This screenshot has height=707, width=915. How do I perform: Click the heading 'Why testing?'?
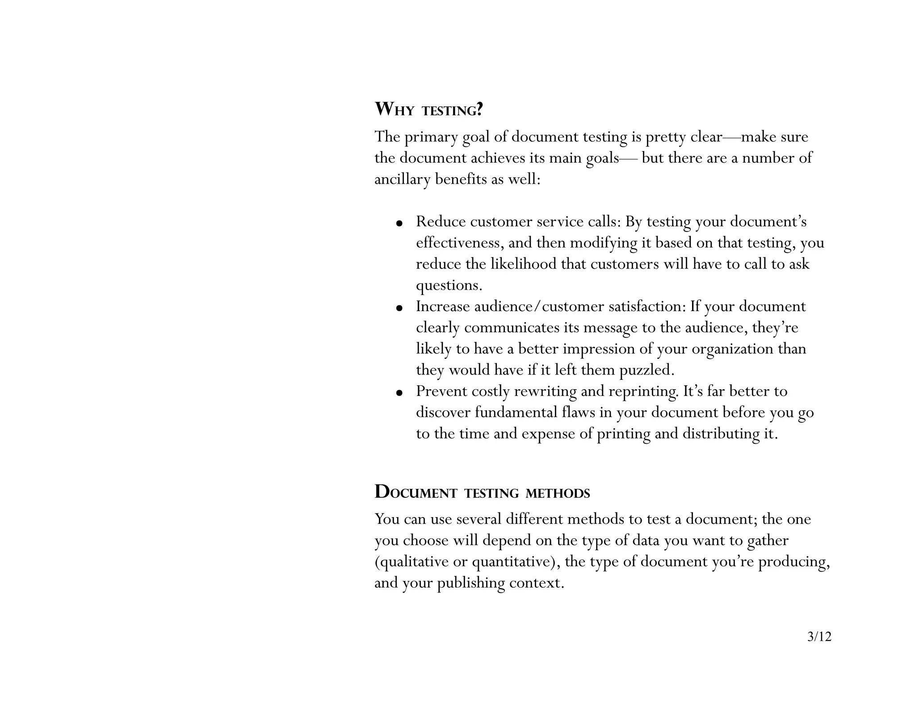coord(428,109)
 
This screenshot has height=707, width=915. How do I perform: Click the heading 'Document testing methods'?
coord(482,492)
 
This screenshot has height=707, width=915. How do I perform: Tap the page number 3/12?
coord(819,636)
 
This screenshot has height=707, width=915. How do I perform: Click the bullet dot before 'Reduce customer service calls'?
coord(400,223)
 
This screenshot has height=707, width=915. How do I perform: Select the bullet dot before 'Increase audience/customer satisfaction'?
coord(400,307)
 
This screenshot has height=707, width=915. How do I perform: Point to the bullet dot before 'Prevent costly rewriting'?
coord(400,392)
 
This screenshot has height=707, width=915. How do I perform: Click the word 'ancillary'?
coord(402,180)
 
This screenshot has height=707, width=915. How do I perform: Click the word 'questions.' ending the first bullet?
coord(449,286)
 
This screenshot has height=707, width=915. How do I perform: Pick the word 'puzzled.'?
coord(646,370)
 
